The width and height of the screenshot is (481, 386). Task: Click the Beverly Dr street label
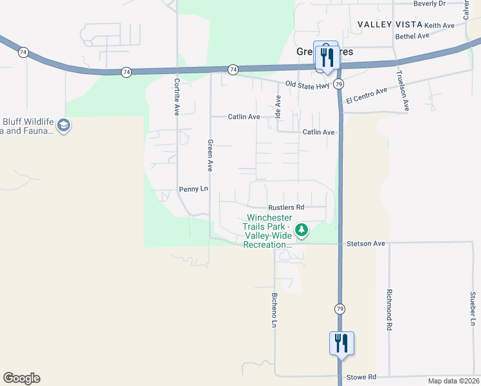coord(430,4)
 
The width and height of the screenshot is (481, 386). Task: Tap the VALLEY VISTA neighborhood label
coord(390,24)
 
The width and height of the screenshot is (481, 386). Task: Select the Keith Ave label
coord(440,25)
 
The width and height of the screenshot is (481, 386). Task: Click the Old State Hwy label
coord(308,85)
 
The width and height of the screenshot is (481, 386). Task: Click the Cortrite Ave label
coord(176,96)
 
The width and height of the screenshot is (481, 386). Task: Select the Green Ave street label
coord(210,155)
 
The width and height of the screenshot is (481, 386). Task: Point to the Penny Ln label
coord(194,189)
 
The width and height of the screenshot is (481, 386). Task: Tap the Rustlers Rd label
coord(286,207)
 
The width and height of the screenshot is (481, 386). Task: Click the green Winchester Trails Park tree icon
coord(301,229)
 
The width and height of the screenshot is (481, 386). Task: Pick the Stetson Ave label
coord(365,244)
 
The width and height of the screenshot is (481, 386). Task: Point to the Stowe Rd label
coord(361,378)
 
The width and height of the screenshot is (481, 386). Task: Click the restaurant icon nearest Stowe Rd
coord(341,342)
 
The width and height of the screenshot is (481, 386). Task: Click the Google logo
coord(21,378)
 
